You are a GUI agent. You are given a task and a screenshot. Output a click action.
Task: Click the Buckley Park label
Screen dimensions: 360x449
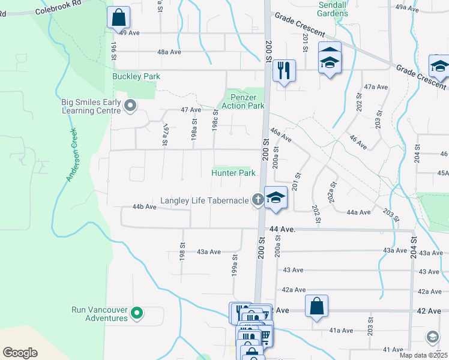point(136,77)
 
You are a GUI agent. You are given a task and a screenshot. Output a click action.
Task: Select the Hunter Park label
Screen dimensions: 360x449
point(233,173)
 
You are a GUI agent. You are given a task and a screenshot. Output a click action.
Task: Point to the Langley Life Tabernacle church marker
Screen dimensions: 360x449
point(258,200)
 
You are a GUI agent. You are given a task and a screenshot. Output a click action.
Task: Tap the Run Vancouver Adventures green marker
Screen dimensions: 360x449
point(137,313)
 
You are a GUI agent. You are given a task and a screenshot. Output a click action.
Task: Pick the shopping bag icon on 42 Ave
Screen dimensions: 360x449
point(316,306)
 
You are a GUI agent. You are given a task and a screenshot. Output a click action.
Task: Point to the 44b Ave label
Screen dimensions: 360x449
point(144,207)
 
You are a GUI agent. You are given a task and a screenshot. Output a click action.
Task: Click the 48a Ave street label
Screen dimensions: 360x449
point(169,52)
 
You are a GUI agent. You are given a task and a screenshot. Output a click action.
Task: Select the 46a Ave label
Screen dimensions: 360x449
point(280,136)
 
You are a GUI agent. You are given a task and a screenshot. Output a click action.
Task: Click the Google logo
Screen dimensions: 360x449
point(20,353)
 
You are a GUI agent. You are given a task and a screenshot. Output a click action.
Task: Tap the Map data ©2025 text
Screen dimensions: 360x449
point(423,355)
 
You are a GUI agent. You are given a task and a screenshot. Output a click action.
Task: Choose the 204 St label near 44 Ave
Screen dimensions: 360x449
point(414,247)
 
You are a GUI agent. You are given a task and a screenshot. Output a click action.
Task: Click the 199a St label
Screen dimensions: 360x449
point(235,264)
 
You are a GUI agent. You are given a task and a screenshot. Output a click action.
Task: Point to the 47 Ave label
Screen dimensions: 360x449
point(191,110)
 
